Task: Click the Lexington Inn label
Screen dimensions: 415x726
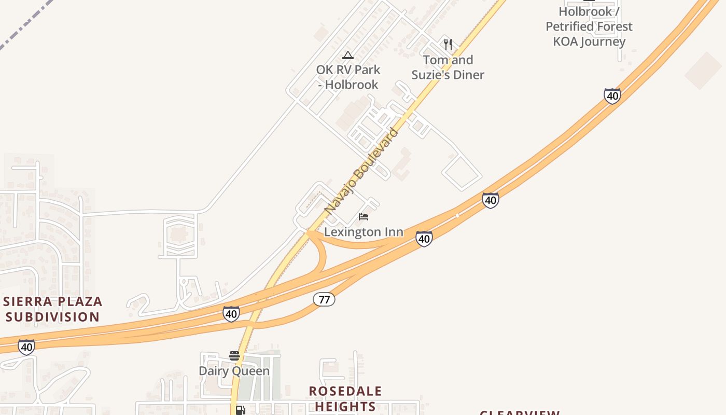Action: pos(364,232)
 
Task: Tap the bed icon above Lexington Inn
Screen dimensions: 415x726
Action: pos(364,216)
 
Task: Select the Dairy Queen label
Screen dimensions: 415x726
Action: pos(234,371)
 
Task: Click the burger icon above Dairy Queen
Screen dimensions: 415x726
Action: pos(234,356)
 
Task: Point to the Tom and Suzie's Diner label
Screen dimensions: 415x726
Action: pos(448,67)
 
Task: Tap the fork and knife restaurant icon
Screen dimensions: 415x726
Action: pos(448,45)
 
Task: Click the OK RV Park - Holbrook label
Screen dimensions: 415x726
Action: pos(348,77)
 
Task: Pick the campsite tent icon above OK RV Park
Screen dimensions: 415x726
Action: pos(348,56)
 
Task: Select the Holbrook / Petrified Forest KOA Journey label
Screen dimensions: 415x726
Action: pos(589,26)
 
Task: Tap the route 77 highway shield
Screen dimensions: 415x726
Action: pos(324,299)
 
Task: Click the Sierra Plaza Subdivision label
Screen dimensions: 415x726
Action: pos(53,309)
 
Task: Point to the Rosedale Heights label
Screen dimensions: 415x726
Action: pos(345,398)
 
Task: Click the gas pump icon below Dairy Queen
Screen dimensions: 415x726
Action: pos(240,410)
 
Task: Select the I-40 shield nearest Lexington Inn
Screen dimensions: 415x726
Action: pos(424,239)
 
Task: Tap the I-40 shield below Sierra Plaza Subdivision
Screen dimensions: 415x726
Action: pos(26,347)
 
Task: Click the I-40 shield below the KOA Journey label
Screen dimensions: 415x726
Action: pos(612,96)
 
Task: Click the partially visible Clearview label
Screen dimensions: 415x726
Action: pos(520,412)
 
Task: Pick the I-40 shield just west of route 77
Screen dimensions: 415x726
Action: pos(231,313)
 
